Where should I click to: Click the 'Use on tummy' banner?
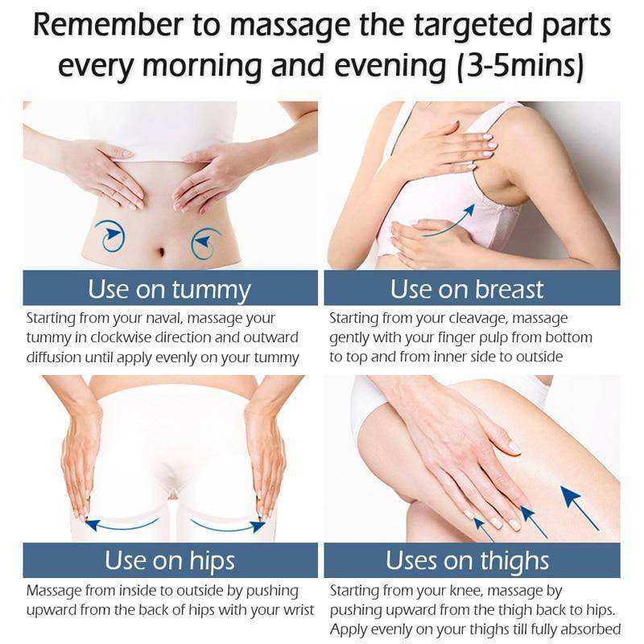click(x=170, y=288)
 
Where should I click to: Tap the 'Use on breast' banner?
click(x=472, y=288)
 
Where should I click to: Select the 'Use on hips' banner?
click(x=170, y=560)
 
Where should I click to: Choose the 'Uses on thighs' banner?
click(x=472, y=560)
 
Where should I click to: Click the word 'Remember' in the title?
click(x=108, y=25)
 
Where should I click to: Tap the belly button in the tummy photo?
click(x=160, y=250)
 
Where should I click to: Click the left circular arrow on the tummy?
click(x=109, y=236)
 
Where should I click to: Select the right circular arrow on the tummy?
click(x=205, y=244)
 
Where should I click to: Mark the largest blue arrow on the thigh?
click(x=579, y=508)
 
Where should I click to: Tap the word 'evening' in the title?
click(x=390, y=67)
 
